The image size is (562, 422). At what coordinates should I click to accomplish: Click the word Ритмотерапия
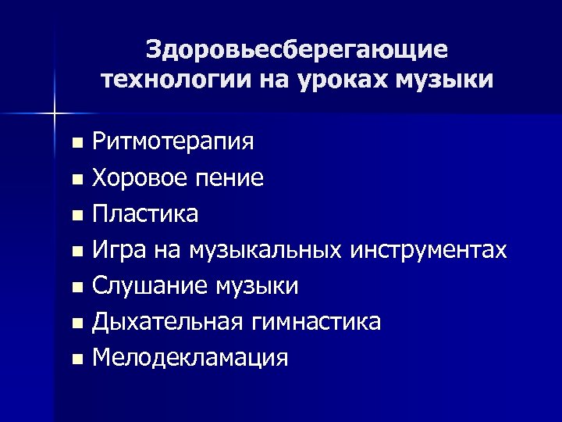(x=173, y=142)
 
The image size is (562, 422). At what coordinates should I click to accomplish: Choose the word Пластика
(x=144, y=213)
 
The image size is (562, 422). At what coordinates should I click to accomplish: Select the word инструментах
(x=429, y=249)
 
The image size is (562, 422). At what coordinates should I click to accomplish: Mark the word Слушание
(x=148, y=286)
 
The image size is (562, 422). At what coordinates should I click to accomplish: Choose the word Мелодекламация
(x=190, y=358)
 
